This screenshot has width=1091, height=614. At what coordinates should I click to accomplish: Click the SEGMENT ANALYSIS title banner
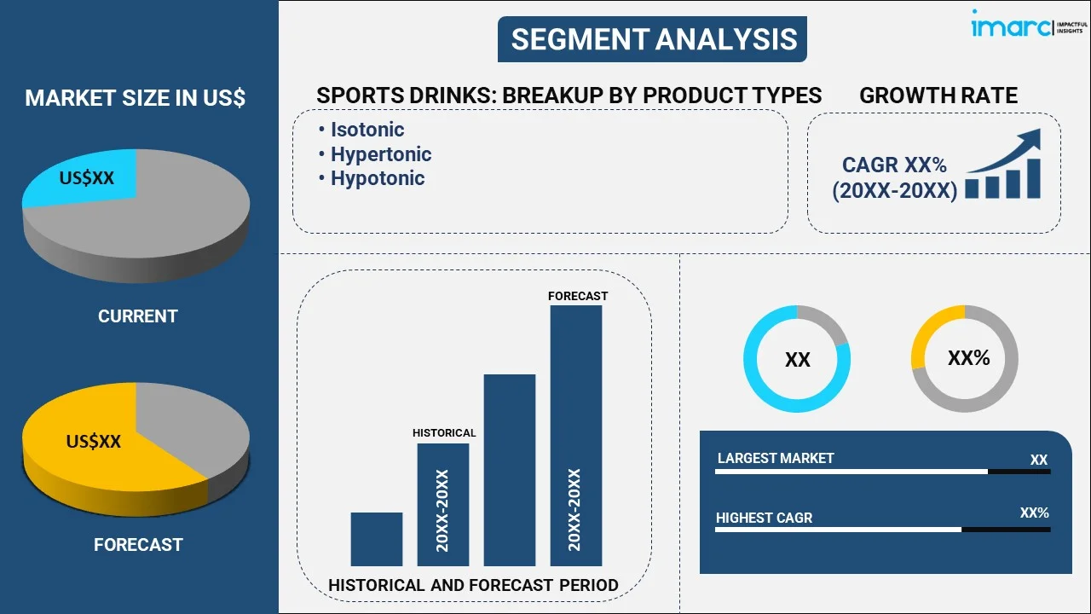(653, 39)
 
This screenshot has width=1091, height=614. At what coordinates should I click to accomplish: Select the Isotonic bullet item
(367, 130)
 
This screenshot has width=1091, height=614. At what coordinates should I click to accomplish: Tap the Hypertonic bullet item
(380, 154)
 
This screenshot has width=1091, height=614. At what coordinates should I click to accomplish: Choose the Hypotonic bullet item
(377, 178)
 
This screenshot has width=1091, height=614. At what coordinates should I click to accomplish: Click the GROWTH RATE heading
(938, 96)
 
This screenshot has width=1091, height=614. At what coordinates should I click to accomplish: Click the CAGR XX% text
(894, 165)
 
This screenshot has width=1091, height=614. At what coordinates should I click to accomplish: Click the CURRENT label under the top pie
(137, 316)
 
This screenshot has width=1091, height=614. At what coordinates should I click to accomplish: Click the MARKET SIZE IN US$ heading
(135, 98)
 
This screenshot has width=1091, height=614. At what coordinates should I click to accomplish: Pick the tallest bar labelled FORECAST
(576, 435)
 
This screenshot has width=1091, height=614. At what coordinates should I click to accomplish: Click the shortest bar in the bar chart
(376, 539)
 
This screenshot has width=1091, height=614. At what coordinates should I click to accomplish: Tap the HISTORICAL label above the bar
(443, 432)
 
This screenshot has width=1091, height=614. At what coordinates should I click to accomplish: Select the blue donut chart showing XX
(796, 359)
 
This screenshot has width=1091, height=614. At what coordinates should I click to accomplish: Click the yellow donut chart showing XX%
(965, 359)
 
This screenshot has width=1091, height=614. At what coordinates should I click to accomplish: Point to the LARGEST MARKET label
(775, 458)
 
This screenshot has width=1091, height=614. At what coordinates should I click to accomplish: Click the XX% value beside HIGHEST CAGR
(1034, 513)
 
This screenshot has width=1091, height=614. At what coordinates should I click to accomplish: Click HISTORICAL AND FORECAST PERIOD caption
(473, 585)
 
